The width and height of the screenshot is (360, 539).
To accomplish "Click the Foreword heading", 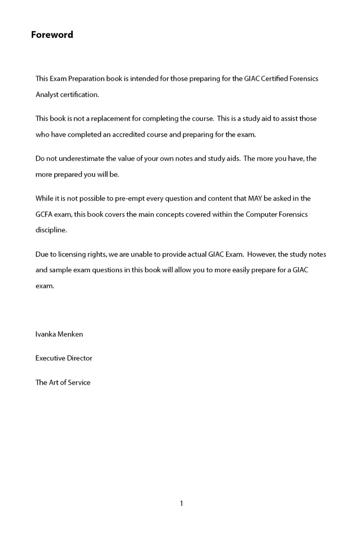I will [52, 35].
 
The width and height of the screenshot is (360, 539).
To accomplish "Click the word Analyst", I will [47, 95].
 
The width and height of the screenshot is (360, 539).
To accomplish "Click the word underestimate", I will [82, 158].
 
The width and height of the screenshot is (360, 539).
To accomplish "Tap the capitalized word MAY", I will [255, 199].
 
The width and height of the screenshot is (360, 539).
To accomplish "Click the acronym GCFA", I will [44, 214].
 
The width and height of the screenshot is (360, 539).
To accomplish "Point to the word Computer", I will [261, 214].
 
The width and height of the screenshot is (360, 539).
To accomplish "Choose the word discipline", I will [51, 230].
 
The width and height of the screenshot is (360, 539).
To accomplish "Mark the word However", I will [262, 254].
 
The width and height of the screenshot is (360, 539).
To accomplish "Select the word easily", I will [241, 270].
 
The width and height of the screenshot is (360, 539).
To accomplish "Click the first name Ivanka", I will [45, 334].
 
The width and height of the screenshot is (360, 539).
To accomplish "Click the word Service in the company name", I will [79, 383].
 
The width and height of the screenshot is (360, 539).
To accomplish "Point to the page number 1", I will [181, 504].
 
